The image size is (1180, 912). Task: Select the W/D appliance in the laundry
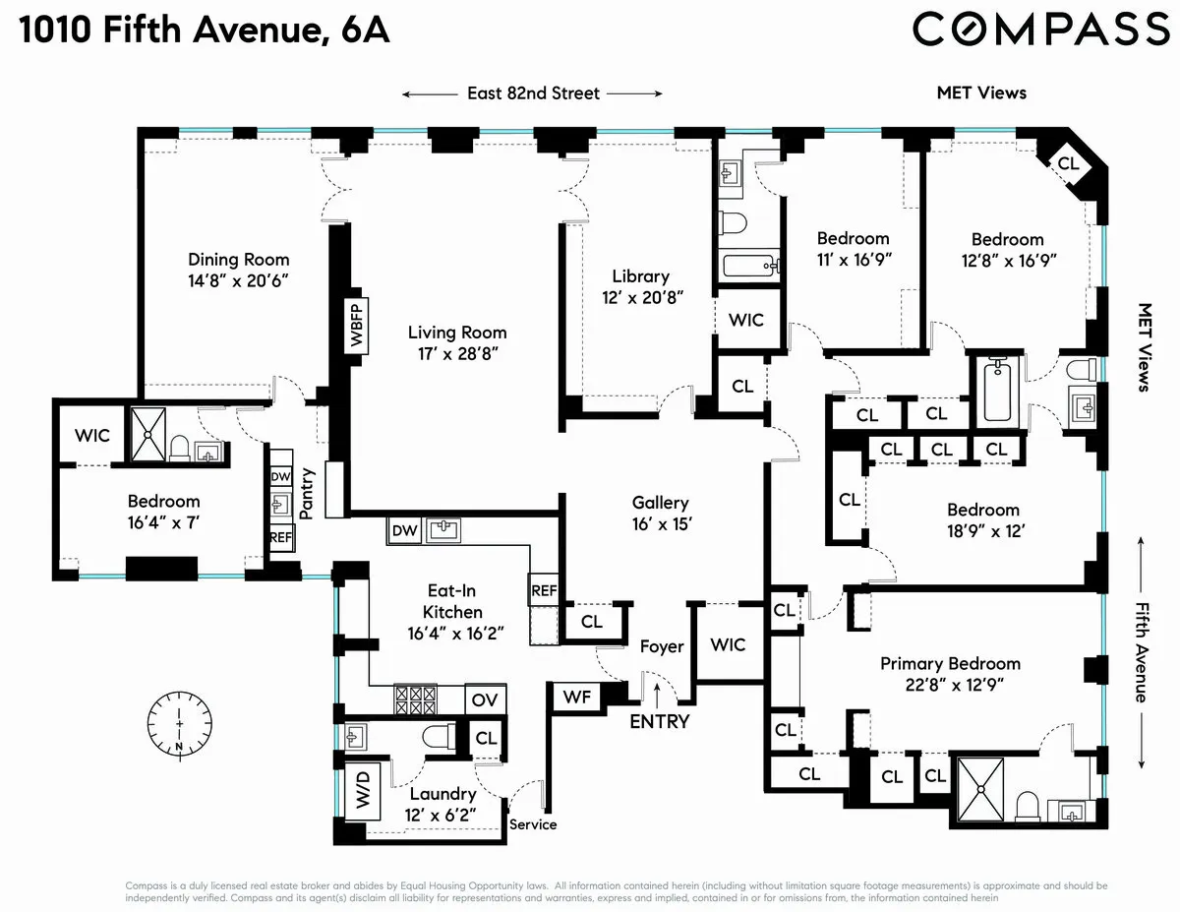362,788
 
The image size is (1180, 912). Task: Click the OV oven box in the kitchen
484,699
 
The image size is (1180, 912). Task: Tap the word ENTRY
660,721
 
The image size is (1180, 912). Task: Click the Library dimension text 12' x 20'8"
641,296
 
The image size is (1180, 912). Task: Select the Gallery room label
660,503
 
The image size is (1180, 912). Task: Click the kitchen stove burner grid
415,699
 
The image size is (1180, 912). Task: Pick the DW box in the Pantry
280,475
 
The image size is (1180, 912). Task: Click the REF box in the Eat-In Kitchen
544,591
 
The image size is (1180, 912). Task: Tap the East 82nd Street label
532,93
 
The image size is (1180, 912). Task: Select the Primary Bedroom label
950,663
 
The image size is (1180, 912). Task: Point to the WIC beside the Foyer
728,645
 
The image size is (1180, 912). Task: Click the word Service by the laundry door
533,824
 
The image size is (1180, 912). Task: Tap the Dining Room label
239,260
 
